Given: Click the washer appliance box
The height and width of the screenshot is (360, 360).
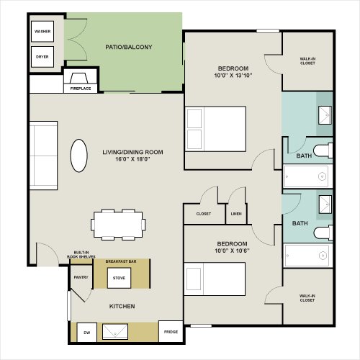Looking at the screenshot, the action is pyautogui.click(x=42, y=32).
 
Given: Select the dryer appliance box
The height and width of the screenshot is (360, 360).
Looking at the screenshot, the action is pyautogui.click(x=42, y=57).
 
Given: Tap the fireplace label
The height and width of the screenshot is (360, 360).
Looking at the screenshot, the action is pyautogui.click(x=81, y=89).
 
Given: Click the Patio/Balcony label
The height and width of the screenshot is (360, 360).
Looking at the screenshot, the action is pyautogui.click(x=129, y=47).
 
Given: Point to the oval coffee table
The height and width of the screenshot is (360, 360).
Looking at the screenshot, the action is pyautogui.click(x=78, y=156).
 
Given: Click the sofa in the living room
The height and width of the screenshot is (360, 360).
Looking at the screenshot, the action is pyautogui.click(x=43, y=156).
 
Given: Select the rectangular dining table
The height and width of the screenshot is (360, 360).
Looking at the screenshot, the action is pyautogui.click(x=118, y=225).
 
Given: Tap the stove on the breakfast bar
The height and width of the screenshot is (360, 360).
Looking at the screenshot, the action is pyautogui.click(x=119, y=278).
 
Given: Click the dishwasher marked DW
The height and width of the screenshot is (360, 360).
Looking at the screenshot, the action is pyautogui.click(x=87, y=333).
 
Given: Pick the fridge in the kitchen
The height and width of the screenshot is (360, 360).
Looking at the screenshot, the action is pyautogui.click(x=171, y=332).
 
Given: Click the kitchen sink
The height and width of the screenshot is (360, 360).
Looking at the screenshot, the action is pyautogui.click(x=115, y=332).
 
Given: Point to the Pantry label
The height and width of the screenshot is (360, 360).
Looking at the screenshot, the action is pyautogui.click(x=81, y=277).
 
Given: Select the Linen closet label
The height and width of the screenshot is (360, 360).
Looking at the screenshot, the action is pyautogui.click(x=236, y=214).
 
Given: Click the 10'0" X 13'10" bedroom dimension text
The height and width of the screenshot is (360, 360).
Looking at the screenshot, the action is pyautogui.click(x=233, y=76).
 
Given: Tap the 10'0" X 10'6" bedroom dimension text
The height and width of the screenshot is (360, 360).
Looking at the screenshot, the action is pyautogui.click(x=232, y=251).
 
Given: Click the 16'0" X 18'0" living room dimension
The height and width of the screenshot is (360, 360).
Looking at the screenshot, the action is pyautogui.click(x=132, y=159).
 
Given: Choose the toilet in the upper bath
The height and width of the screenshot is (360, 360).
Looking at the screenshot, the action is pyautogui.click(x=323, y=150).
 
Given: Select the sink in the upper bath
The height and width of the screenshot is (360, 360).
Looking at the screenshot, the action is pyautogui.click(x=325, y=115).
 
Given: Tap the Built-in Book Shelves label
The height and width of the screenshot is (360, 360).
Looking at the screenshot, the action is pyautogui.click(x=81, y=255).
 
